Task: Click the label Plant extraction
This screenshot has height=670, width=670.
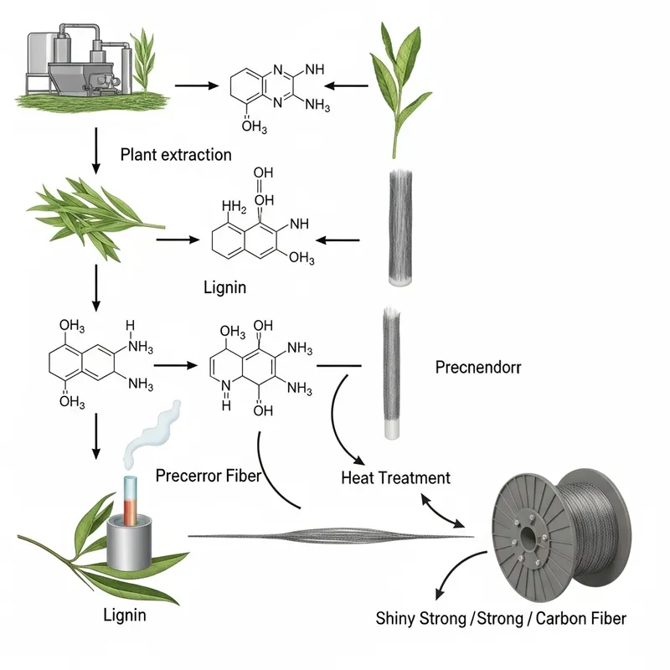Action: click(175, 154)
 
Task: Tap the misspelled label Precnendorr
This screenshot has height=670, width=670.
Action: click(478, 367)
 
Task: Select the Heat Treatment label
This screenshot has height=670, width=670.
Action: click(395, 478)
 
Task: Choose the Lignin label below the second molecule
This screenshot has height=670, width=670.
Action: click(224, 287)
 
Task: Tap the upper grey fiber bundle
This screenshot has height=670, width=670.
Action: click(400, 226)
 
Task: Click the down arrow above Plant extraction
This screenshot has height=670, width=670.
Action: click(98, 145)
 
